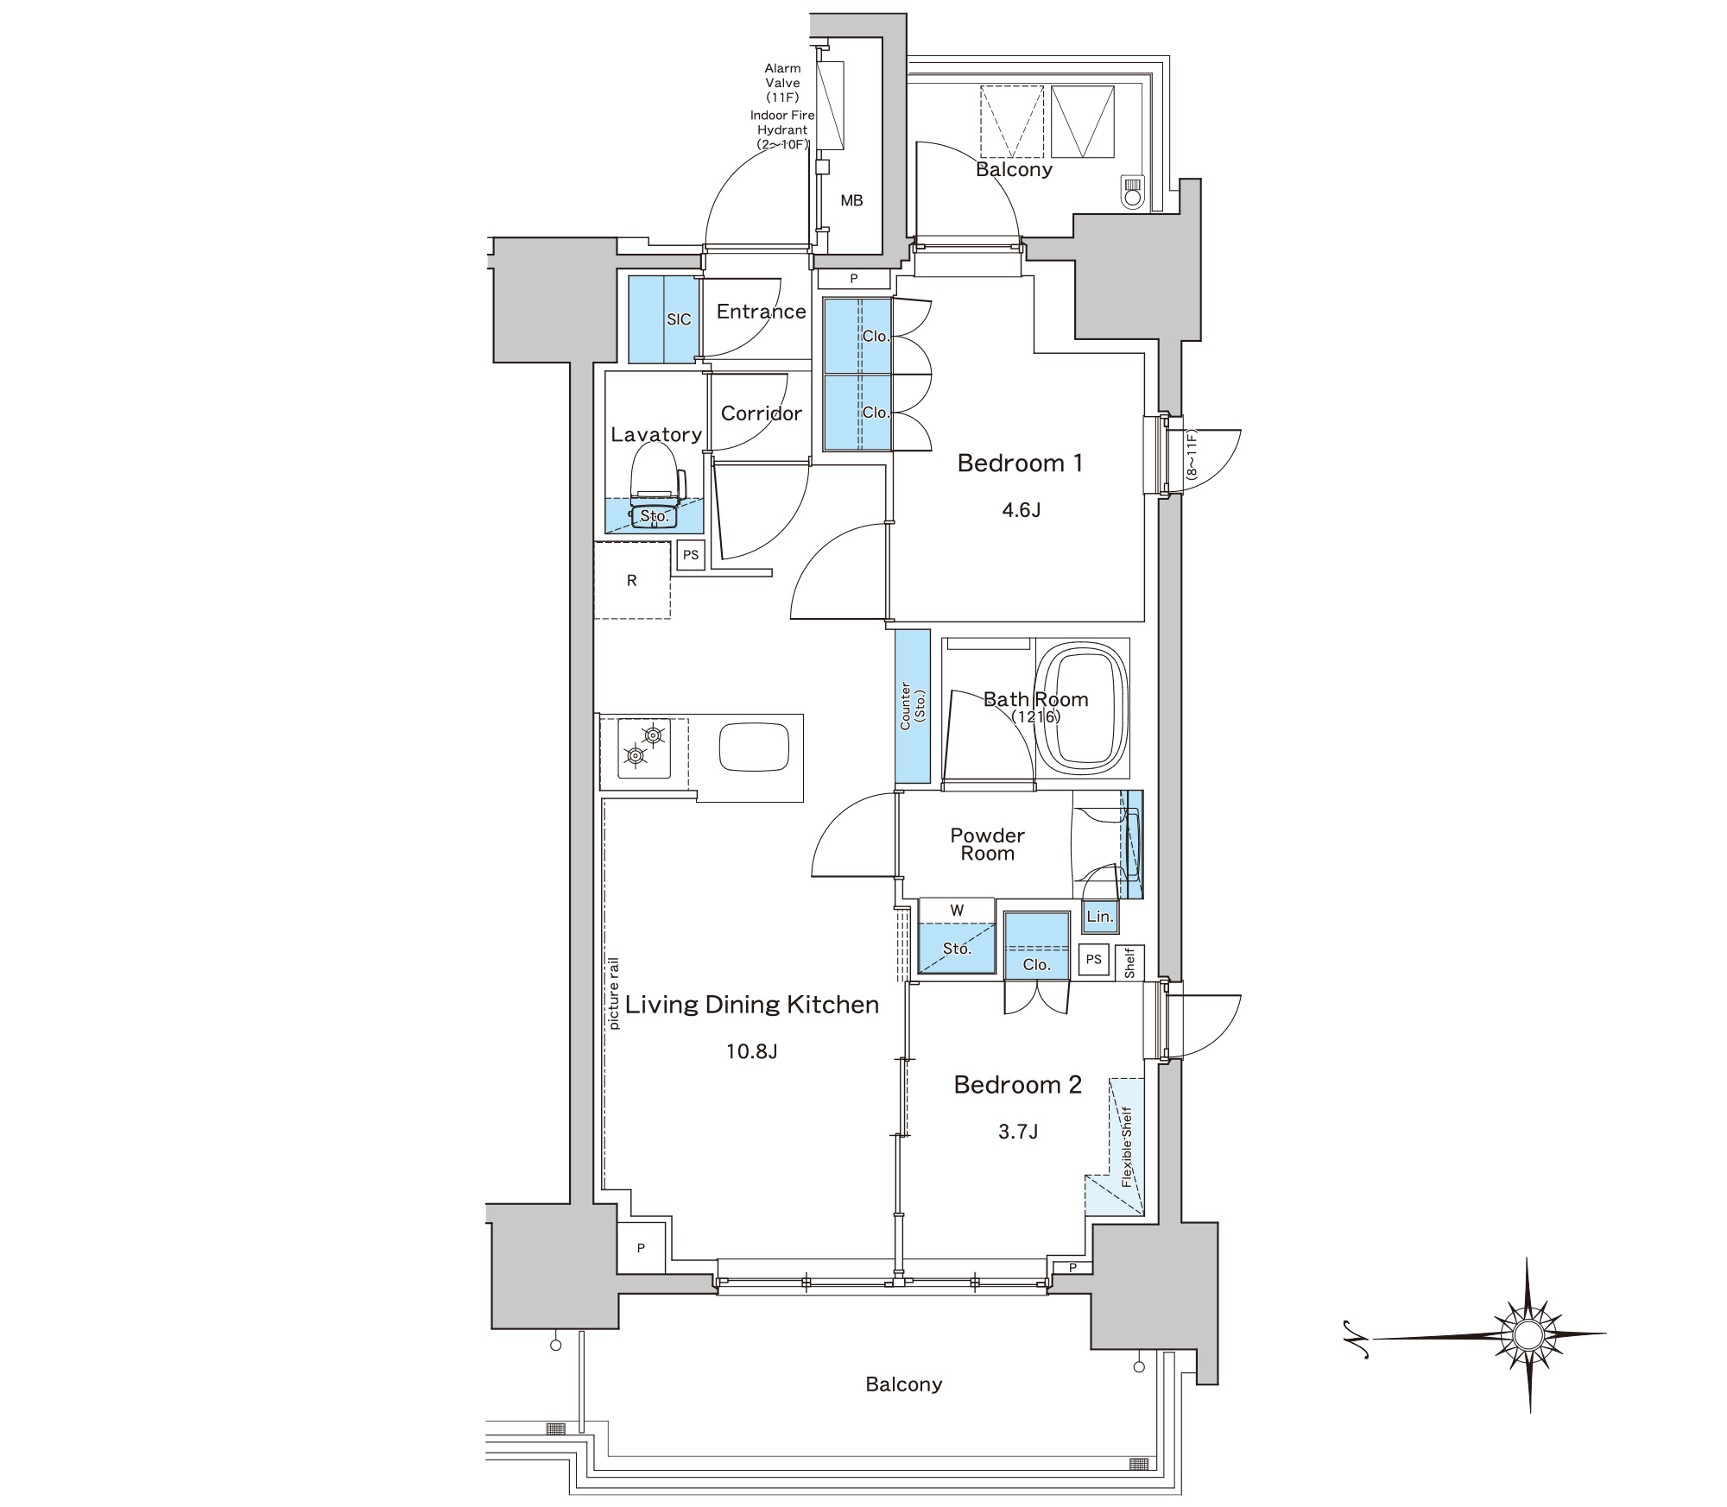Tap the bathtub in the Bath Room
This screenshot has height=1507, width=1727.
1082,707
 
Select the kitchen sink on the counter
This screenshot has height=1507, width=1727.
754,747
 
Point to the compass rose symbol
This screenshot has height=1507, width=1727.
1527,1334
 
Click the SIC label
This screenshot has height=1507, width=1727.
679,319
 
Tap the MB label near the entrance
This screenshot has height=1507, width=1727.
851,200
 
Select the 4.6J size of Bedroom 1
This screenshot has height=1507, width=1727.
1021,510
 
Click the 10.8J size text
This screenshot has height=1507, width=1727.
752,1051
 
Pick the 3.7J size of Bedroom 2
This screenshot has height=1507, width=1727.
1018,1132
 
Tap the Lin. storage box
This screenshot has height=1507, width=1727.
1100,917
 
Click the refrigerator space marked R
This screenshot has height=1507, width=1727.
632,580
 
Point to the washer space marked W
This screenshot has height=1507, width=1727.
957,910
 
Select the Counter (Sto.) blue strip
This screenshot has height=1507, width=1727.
913,706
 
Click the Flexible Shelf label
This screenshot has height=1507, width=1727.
1126,1146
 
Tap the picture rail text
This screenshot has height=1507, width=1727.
614,993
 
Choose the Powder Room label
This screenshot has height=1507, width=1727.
987,844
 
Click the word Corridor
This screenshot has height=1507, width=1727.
761,413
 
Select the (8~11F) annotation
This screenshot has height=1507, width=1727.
1192,455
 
